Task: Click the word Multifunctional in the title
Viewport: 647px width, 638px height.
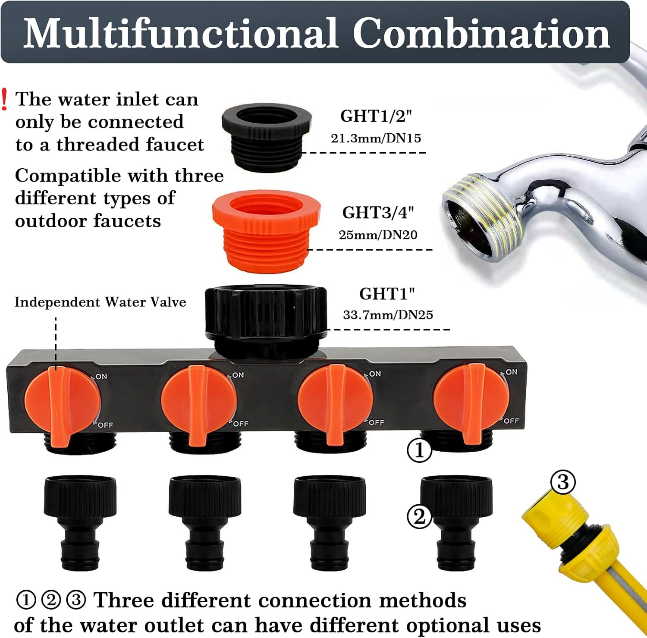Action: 180,33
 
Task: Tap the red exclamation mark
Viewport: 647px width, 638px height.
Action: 4,99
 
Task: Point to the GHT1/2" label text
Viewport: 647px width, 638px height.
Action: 376,116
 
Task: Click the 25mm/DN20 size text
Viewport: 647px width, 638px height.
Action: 378,235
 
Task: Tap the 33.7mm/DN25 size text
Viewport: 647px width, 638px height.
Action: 388,315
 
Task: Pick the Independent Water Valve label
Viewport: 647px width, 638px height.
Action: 100,302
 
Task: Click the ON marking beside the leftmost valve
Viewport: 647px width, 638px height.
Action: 101,377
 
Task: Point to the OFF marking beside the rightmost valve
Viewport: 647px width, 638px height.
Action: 511,421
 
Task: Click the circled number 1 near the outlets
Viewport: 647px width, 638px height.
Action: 419,451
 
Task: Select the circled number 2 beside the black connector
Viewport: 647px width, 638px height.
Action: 419,517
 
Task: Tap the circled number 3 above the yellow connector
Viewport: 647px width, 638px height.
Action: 563,482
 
